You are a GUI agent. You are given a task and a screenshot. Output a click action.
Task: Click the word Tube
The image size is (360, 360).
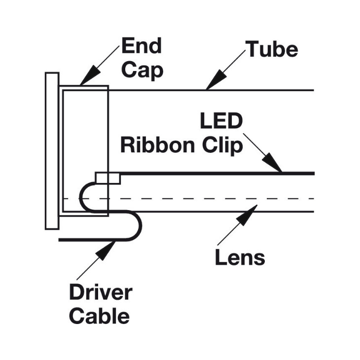point(272,49)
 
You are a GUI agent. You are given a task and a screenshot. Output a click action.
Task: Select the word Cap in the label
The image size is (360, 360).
point(142,70)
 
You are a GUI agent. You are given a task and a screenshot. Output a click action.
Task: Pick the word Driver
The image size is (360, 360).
point(101,292)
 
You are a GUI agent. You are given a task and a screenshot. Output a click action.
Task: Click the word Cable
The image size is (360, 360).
point(99,316)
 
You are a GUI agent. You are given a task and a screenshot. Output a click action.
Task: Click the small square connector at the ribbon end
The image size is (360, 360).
point(108,178)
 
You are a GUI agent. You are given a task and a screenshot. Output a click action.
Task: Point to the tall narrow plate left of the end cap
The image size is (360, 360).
point(52,150)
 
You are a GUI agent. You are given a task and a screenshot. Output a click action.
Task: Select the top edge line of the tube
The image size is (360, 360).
point(256,90)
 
